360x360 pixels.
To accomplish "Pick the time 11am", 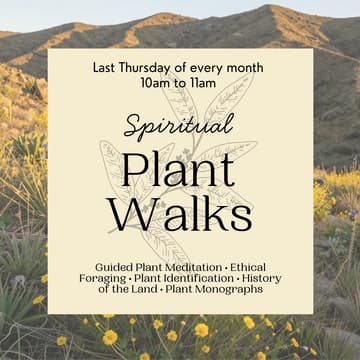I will coord(204,84).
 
